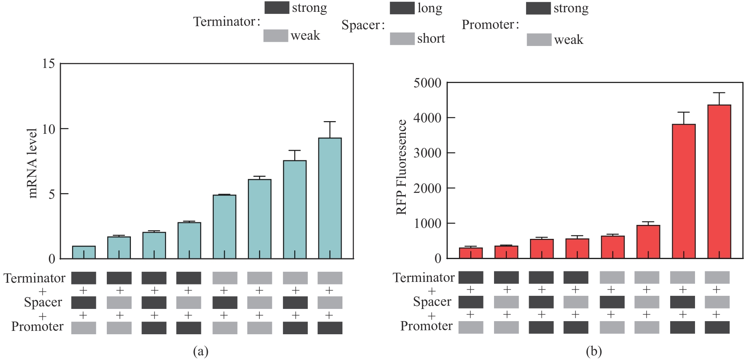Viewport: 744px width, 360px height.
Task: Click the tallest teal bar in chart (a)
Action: pyautogui.click(x=330, y=198)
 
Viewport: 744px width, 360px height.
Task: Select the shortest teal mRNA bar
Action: pyautogui.click(x=84, y=252)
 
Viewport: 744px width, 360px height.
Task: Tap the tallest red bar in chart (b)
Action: pyautogui.click(x=719, y=181)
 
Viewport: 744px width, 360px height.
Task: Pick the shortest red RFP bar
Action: pyautogui.click(x=471, y=253)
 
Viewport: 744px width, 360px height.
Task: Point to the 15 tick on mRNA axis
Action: pyautogui.click(x=49, y=64)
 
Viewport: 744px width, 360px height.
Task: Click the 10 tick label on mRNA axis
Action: pyautogui.click(x=49, y=129)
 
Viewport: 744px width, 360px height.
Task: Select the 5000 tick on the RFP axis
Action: pyautogui.click(x=427, y=83)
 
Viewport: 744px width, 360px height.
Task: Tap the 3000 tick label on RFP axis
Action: pyautogui.click(x=427, y=153)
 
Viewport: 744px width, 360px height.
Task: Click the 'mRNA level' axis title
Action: pyautogui.click(x=33, y=163)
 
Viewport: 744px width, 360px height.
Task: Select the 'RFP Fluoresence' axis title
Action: pyautogui.click(x=401, y=167)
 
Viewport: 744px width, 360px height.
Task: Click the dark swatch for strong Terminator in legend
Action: pyautogui.click(x=277, y=8)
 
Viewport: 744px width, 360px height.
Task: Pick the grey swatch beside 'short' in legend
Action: pyautogui.click(x=402, y=39)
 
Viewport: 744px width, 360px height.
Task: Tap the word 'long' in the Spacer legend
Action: pyautogui.click(x=430, y=8)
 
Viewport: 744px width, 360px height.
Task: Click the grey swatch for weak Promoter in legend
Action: pyautogui.click(x=539, y=40)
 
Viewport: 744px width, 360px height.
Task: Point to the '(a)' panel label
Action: pyautogui.click(x=201, y=351)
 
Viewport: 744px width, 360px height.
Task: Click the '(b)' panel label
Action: pyautogui.click(x=594, y=351)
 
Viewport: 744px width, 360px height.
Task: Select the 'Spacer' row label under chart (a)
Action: pyautogui.click(x=43, y=302)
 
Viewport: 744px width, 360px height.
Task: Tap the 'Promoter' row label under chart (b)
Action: pyautogui.click(x=426, y=326)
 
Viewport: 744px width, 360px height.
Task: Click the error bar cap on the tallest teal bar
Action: pyautogui.click(x=330, y=122)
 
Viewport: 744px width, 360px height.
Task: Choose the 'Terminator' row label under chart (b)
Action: pyautogui.click(x=424, y=278)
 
